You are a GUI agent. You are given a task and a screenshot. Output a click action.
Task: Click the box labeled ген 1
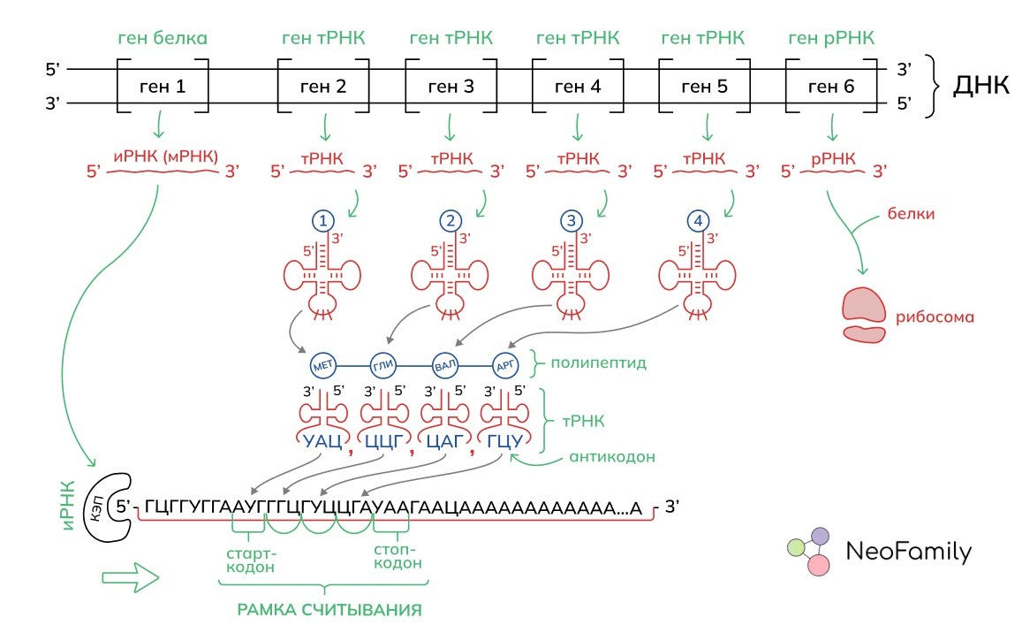click(x=162, y=87)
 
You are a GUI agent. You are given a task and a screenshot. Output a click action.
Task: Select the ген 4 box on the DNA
click(x=578, y=87)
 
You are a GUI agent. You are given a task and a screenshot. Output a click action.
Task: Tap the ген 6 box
click(x=832, y=87)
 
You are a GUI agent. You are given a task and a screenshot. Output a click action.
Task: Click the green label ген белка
click(x=163, y=39)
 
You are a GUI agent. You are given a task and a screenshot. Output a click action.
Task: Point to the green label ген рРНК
click(x=831, y=39)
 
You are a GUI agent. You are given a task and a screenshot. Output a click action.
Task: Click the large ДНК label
click(x=981, y=87)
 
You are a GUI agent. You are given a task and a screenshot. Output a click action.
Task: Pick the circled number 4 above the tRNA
click(x=703, y=220)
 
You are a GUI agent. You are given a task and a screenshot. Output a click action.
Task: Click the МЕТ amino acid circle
click(x=322, y=365)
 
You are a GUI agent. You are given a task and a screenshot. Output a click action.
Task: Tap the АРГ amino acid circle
click(x=505, y=365)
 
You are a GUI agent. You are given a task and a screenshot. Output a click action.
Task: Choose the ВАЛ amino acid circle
click(x=444, y=365)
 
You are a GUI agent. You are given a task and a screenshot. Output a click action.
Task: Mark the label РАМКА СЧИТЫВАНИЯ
click(x=328, y=610)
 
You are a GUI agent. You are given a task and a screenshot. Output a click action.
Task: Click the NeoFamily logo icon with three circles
click(x=808, y=552)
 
